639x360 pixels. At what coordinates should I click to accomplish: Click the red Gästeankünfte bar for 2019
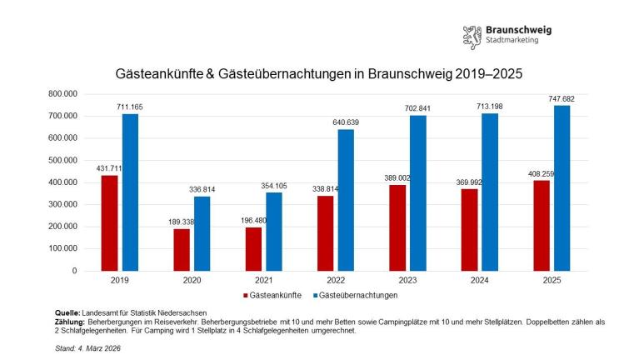(109, 222)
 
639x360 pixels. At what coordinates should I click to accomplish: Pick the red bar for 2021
(252, 248)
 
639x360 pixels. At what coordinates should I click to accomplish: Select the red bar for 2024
(468, 229)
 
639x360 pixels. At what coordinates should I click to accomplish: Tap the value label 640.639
(346, 122)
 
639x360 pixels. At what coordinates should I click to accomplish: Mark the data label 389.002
(397, 178)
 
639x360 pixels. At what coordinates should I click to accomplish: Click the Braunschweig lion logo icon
(472, 37)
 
